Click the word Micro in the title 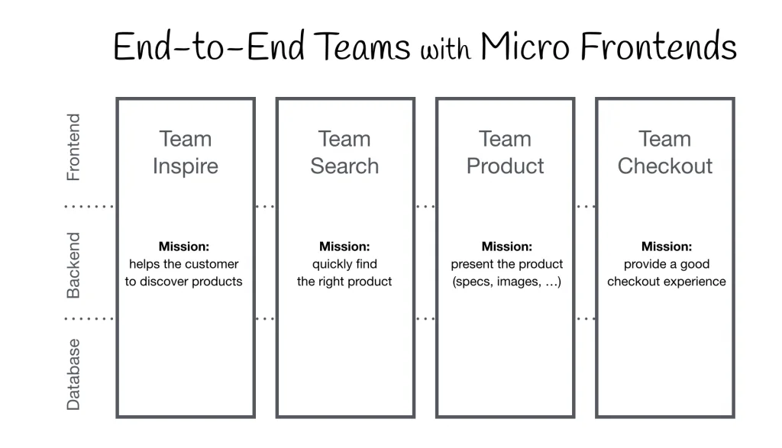525,47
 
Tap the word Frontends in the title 658,47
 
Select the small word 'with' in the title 447,50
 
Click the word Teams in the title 364,47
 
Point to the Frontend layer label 73,147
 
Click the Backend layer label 73,265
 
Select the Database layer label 73,374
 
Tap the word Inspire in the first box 185,166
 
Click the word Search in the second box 344,166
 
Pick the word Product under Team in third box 505,166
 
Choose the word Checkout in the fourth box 665,166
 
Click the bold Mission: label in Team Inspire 184,247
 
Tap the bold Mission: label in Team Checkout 667,247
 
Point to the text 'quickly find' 344,264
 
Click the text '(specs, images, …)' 506,282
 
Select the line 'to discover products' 184,282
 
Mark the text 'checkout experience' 667,282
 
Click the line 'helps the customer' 184,264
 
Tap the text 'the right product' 344,282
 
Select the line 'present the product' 506,264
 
